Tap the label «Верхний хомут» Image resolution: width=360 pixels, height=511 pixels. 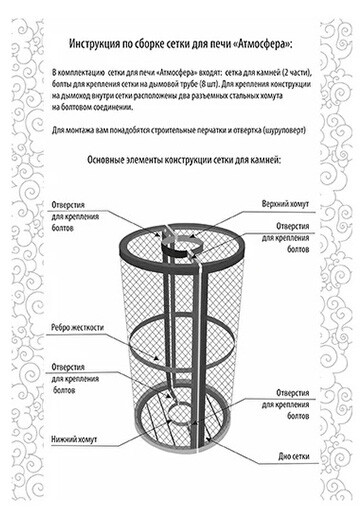click(285, 204)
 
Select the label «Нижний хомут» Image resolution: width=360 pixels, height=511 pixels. click(74, 439)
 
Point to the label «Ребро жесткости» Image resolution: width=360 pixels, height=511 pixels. click(77, 327)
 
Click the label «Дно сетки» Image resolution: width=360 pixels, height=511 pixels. click(294, 456)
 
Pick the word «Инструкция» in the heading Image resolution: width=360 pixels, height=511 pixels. click(94, 44)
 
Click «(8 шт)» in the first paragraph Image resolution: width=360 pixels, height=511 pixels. click(210, 84)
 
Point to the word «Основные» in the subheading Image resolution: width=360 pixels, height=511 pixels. click(105, 160)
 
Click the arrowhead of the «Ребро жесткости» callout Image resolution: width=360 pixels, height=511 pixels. click(156, 358)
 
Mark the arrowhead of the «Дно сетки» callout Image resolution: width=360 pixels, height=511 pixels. click(208, 438)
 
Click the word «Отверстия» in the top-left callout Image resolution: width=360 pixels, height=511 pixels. click(68, 205)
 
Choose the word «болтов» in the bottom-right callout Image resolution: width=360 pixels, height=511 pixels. click(298, 416)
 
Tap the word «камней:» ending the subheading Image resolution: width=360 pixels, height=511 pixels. click(267, 160)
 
